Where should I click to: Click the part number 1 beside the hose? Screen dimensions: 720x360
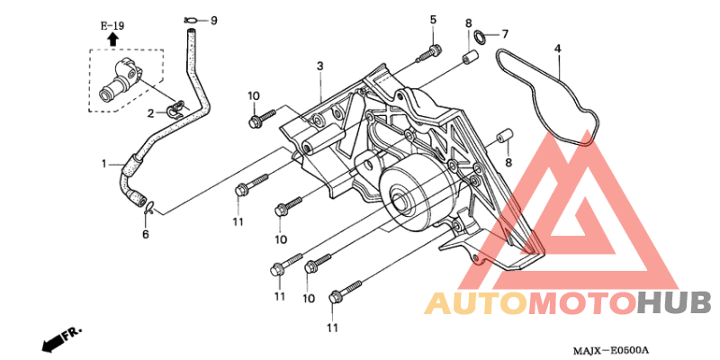coord(104,164)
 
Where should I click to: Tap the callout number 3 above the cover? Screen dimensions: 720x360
coord(320,66)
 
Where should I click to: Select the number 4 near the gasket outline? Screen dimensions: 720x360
coord(558,49)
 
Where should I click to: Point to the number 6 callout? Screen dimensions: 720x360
coord(145,235)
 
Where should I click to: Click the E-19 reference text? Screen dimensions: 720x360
coord(112,26)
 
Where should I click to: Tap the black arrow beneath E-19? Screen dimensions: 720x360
coord(113,40)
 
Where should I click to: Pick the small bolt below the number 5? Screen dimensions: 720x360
coord(428,53)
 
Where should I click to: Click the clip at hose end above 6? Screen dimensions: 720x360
coord(149,208)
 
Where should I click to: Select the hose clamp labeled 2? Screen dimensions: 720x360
coord(175,109)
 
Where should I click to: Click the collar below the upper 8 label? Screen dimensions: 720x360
coord(471,58)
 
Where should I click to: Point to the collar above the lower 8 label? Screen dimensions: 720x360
coord(505,136)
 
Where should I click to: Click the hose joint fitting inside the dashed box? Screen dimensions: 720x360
coord(120,79)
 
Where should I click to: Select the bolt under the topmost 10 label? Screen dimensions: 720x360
coord(261,118)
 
